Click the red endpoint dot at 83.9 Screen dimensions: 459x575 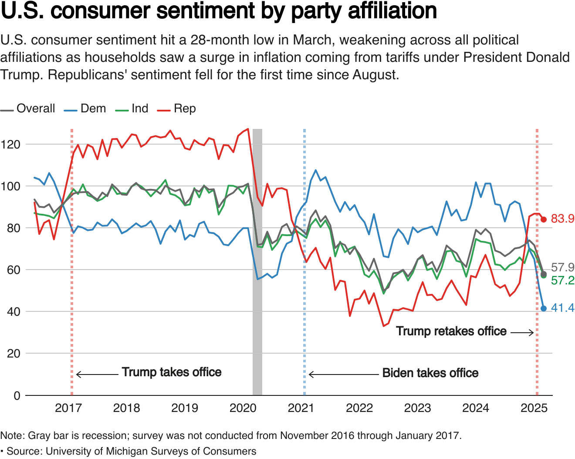[x=544, y=219]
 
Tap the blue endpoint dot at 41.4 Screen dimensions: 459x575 [x=544, y=308]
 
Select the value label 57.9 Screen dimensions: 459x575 [x=562, y=267]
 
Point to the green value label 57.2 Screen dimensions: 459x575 [x=562, y=280]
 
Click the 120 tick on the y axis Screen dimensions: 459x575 [x=10, y=144]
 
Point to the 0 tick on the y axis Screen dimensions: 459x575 [x=17, y=395]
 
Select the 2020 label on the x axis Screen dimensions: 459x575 [x=243, y=408]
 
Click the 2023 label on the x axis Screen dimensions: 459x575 [x=417, y=408]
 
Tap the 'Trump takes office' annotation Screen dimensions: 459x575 [x=172, y=372]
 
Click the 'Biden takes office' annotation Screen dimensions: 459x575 [x=430, y=373]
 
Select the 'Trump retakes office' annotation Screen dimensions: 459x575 [x=451, y=331]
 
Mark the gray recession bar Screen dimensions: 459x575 [x=257, y=261]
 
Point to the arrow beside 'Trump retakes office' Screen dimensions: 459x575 [x=522, y=333]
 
